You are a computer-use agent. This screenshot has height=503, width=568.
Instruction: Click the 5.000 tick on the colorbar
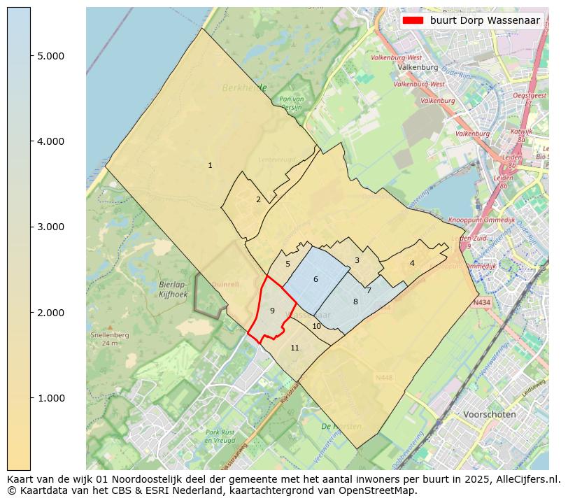coord(50,56)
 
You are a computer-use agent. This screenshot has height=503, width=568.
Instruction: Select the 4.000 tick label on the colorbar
coord(50,141)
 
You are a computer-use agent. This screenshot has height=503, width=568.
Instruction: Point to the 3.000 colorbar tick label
coord(50,227)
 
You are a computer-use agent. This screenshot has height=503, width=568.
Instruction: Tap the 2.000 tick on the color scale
coord(50,312)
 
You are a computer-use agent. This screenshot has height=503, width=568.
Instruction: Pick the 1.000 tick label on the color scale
coord(50,398)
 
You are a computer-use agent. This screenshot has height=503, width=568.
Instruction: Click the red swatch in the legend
coord(413,20)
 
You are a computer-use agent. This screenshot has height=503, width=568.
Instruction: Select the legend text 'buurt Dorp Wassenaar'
coord(485,20)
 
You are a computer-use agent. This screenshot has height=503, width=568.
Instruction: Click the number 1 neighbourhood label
coord(210,166)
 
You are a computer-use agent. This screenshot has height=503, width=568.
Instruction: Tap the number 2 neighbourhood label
coord(258,200)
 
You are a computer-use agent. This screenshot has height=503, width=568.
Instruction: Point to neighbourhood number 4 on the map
coord(412,263)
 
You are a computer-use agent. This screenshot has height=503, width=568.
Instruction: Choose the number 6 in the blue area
coord(315,280)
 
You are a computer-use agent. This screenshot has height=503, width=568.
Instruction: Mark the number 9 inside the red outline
coord(272,311)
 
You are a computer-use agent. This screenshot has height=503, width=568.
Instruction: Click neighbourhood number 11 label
coord(294,348)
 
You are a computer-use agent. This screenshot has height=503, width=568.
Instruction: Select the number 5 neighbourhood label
coord(287,264)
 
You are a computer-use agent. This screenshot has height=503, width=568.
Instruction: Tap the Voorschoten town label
coord(490,414)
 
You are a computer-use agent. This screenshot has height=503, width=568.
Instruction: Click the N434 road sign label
coord(481,303)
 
